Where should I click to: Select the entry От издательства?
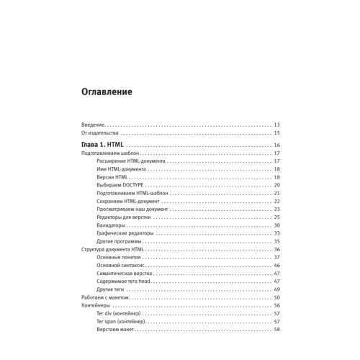tap(101, 133)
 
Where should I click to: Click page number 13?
tap(276, 125)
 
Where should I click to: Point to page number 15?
tap(276, 133)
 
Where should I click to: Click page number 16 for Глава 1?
tap(276, 145)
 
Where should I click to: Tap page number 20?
tap(276, 185)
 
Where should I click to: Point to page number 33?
tap(276, 233)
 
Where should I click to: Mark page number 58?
tap(276, 329)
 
